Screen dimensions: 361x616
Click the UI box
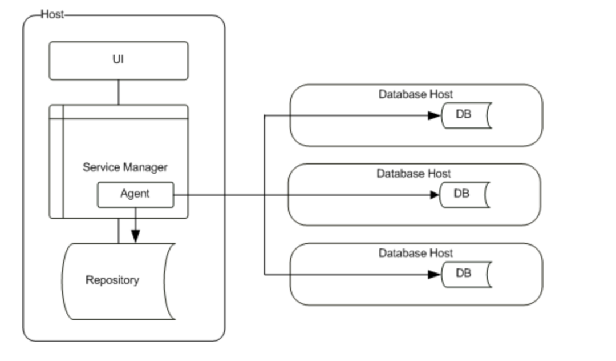point(118,60)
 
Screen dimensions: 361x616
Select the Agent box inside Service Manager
point(135,195)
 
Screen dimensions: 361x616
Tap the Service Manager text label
point(125,167)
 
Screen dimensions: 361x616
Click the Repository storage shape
point(117,280)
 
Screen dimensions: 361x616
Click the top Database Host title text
point(416,94)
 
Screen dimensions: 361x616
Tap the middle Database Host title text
point(414,174)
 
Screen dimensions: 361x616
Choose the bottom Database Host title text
point(416,253)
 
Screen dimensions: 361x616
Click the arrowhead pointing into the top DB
point(435,115)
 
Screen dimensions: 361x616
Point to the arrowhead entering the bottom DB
point(435,274)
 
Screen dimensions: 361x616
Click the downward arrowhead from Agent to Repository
point(135,236)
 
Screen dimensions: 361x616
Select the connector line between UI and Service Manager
point(119,92)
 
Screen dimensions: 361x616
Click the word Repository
point(112,280)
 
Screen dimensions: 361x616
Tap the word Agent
point(135,194)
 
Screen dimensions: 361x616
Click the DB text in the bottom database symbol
point(464,273)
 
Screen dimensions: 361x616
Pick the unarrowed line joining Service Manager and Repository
point(119,231)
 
